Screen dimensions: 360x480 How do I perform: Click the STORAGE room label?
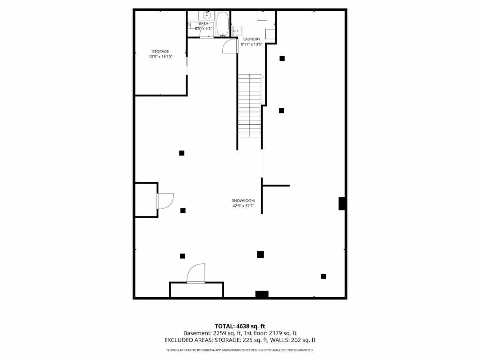160,52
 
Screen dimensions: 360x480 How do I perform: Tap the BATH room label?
203,23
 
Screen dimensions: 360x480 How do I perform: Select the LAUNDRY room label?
251,39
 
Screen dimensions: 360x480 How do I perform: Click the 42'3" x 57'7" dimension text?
243,206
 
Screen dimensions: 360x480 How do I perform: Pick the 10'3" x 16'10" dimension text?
160,57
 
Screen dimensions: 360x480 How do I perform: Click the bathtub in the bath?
222,24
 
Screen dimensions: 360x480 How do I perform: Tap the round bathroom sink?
207,15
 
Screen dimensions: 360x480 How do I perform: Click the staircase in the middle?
249,105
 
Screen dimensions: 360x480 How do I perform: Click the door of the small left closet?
165,201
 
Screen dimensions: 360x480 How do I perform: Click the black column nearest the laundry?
282,59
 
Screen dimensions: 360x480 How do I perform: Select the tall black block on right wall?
343,203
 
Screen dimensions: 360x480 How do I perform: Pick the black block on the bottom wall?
262,294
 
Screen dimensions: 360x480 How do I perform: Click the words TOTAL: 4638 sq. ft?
240,326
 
